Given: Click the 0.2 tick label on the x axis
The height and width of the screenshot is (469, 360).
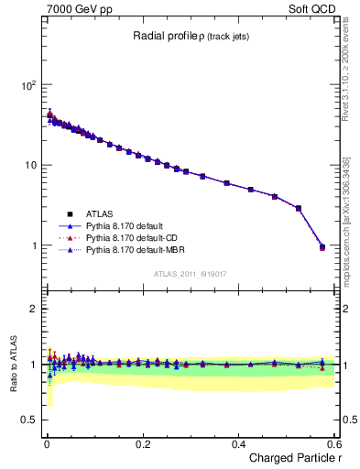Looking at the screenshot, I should click(x=142, y=443).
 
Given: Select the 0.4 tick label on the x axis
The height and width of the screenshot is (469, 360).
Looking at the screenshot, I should click(x=238, y=443).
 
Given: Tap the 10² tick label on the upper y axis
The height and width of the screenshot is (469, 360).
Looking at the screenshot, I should click(x=28, y=84).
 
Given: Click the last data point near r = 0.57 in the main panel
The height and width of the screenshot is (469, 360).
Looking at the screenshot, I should click(x=322, y=246).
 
